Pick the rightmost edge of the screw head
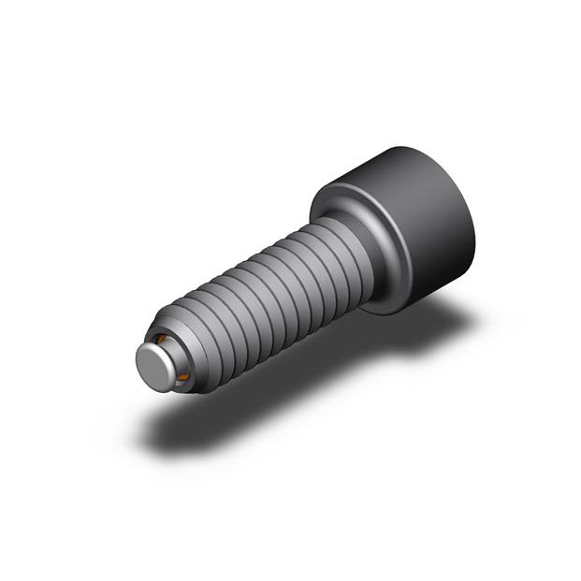click(475, 229)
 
